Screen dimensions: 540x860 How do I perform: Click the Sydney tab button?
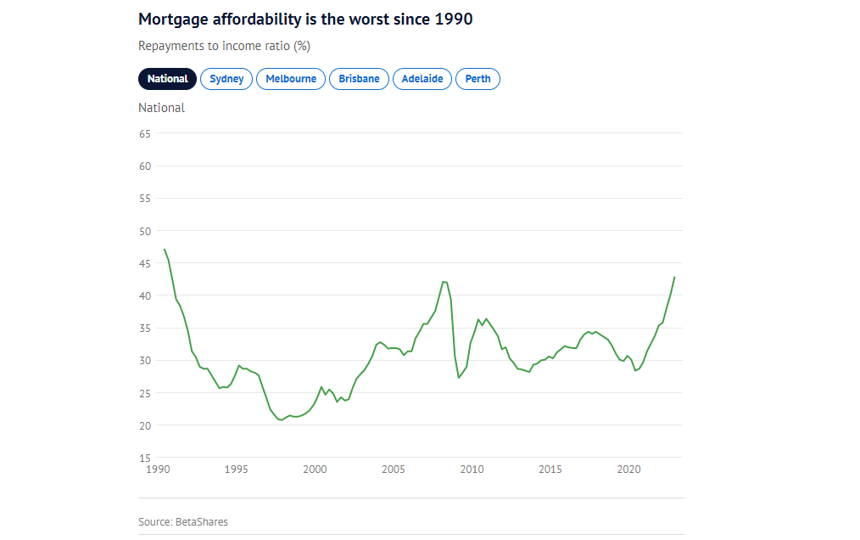coord(226,79)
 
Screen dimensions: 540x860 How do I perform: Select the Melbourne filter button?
coord(291,79)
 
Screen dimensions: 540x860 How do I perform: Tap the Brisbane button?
coord(359,79)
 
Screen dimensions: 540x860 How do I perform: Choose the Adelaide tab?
coord(422,79)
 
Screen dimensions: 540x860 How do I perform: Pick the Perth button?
coord(477,79)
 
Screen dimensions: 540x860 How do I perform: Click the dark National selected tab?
coord(168,79)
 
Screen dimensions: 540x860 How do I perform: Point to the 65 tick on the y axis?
coord(144,134)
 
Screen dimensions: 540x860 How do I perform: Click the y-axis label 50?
coord(144,231)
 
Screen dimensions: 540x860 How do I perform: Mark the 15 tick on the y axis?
coord(144,458)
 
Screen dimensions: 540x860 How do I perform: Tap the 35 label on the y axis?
coord(144,329)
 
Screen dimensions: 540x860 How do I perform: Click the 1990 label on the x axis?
coord(158,469)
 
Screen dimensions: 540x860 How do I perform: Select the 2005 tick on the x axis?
coord(394,469)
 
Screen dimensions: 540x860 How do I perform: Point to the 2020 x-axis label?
coord(628,469)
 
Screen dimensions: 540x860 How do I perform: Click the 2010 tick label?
coord(472,469)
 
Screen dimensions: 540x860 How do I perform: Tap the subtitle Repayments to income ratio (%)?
coord(224,46)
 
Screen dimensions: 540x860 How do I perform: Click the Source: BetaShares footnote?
coord(183,521)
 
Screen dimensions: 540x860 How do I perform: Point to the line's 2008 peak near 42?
coord(444,281)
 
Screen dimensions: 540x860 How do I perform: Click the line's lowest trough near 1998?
coord(281,420)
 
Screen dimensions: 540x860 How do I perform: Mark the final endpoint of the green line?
coord(674,277)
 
